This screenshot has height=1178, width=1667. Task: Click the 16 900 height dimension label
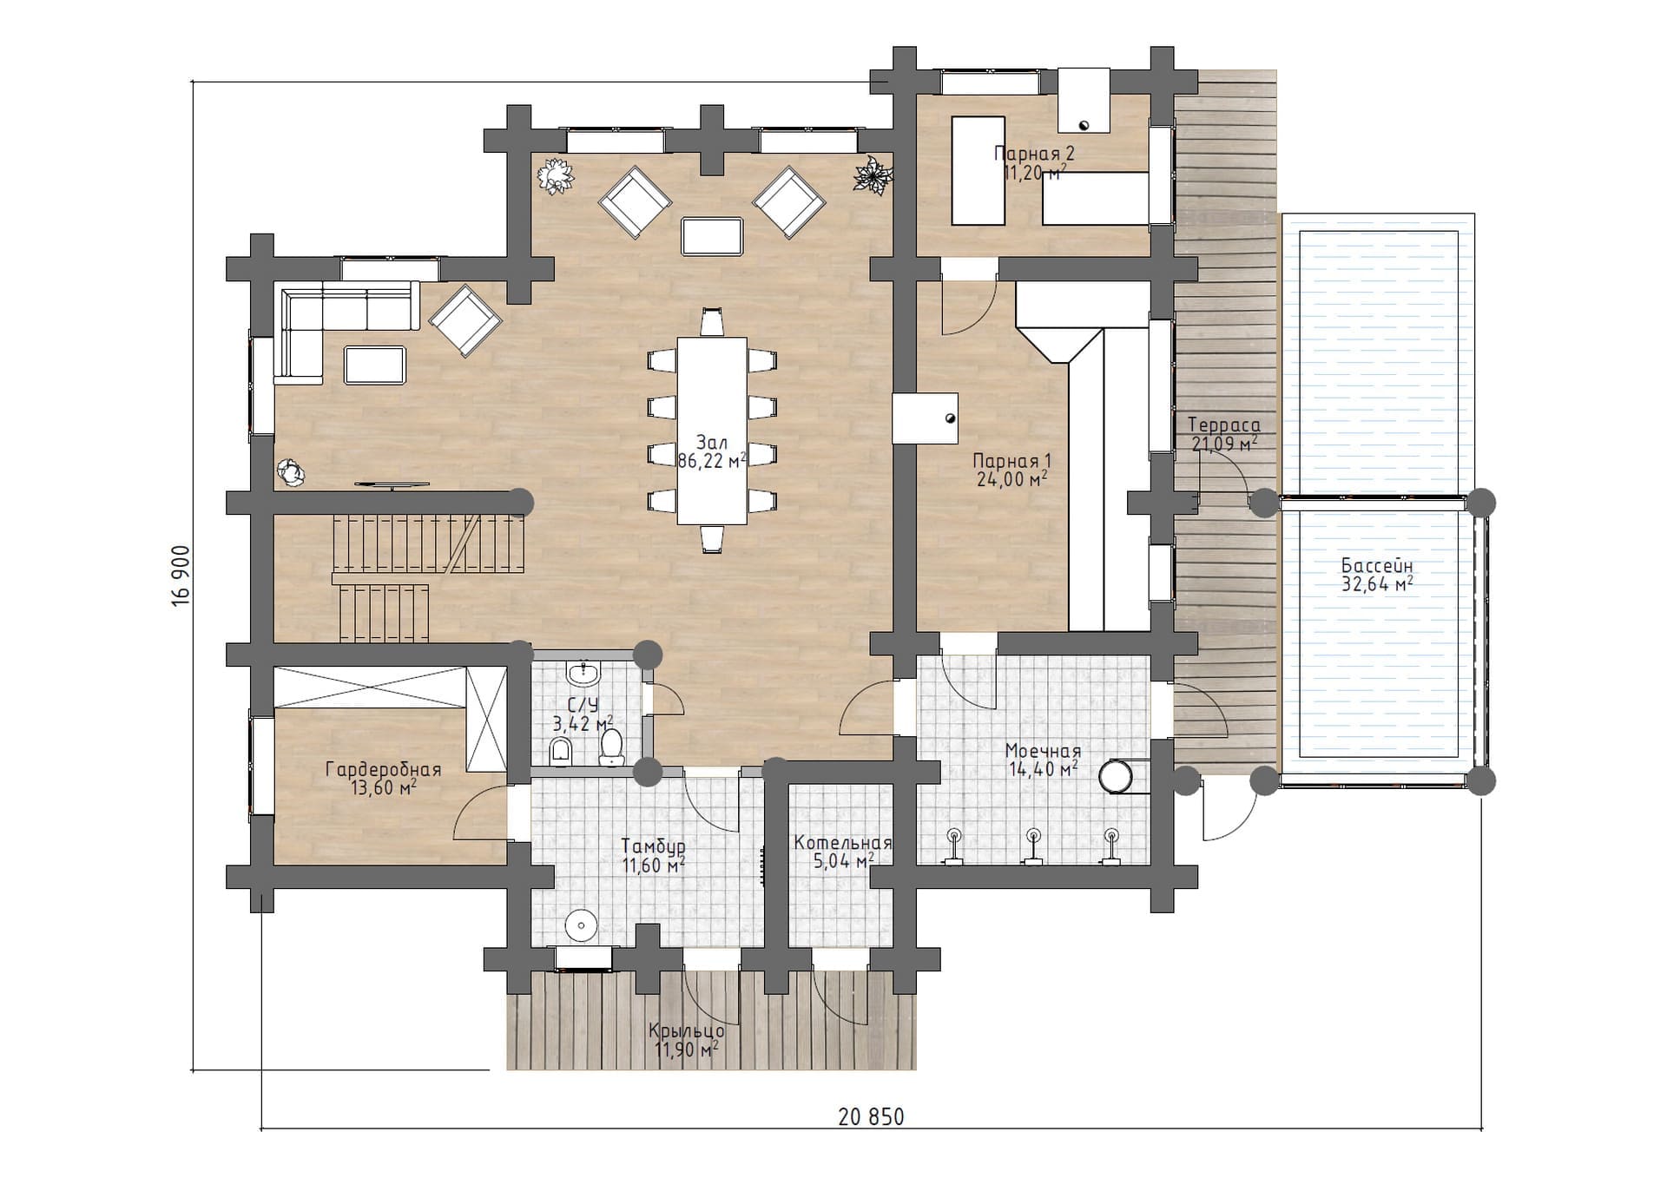tap(181, 576)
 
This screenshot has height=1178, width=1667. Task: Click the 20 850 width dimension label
tap(871, 1116)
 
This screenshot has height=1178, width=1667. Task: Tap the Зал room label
tap(712, 443)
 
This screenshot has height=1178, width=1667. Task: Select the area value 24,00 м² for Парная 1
tap(1011, 478)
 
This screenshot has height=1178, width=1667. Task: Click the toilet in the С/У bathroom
tap(612, 747)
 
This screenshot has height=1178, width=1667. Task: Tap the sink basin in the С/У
tap(584, 673)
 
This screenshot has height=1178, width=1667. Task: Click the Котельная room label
tap(842, 843)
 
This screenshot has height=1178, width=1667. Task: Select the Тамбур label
tap(654, 846)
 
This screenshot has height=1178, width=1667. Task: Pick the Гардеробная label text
tap(383, 769)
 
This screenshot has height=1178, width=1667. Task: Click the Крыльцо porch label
tap(686, 1031)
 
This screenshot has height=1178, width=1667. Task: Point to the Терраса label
tap(1224, 425)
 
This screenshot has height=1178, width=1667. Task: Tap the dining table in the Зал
tap(712, 431)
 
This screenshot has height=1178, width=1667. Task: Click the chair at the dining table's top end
tap(712, 321)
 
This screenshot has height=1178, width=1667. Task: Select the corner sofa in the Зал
tap(345, 331)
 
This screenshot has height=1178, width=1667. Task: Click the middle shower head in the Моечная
tap(1033, 845)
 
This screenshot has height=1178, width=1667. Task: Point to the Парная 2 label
tap(1034, 154)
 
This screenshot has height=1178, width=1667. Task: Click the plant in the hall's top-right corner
tap(872, 174)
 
